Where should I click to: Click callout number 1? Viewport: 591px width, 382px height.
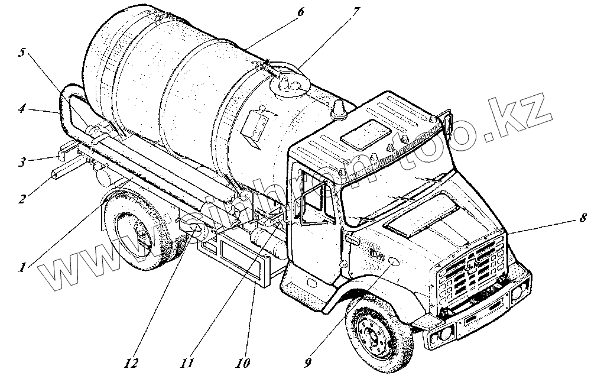[x=21, y=268]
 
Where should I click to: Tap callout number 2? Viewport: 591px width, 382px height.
[x=21, y=200]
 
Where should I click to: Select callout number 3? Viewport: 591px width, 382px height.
[x=21, y=162]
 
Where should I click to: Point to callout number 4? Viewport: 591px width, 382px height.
[x=21, y=109]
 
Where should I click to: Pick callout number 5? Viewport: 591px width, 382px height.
[x=21, y=53]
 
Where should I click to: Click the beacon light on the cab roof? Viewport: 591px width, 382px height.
[x=340, y=109]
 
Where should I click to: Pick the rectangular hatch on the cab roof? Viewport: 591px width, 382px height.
[x=367, y=135]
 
